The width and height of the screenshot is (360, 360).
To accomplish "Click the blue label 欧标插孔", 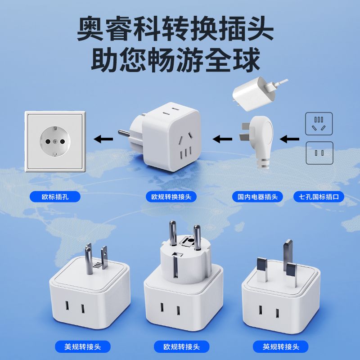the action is [55, 197].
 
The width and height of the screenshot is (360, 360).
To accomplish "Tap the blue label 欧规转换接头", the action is [171, 197].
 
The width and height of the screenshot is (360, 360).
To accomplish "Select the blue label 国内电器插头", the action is [257, 197].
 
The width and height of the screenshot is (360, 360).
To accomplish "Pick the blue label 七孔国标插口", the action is [319, 197].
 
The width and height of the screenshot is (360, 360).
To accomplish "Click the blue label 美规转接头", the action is [83, 346].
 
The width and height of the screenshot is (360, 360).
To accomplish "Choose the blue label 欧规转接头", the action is [182, 346].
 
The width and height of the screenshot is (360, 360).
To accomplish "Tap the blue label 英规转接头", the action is [280, 346].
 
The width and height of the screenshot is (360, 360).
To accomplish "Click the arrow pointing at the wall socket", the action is [103, 139].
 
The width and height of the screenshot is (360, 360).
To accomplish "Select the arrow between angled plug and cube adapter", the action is [222, 139].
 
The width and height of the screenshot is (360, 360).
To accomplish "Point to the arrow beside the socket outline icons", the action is [289, 139].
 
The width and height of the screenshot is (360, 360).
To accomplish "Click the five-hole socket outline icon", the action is [319, 124].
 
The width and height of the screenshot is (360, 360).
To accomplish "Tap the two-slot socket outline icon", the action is [319, 153].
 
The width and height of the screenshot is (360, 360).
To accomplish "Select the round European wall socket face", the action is [55, 141].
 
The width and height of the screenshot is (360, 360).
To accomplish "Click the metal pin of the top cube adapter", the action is [124, 133].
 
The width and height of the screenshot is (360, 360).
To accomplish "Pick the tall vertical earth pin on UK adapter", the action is [288, 255].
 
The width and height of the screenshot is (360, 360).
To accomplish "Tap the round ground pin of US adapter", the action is [89, 259].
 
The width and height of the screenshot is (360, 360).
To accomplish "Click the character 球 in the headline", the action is [247, 59].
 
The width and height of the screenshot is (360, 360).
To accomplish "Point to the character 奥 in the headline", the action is [90, 28].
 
